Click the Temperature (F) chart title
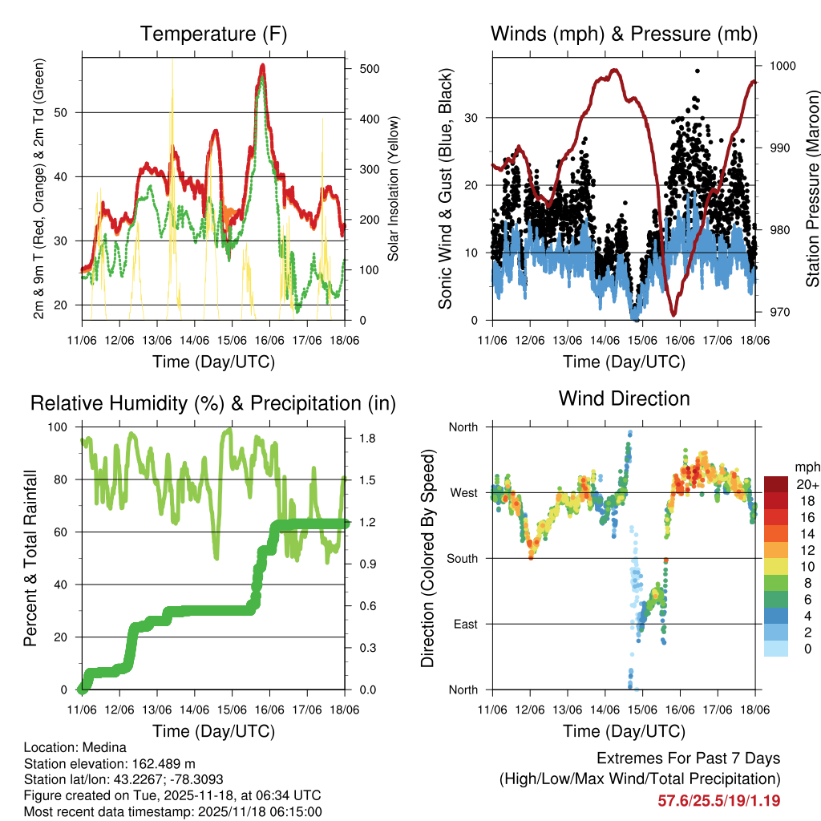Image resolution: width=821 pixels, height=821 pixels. coord(213,34)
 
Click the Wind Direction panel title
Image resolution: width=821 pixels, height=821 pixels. coord(624,398)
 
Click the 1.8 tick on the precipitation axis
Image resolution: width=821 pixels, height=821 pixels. coord(368,439)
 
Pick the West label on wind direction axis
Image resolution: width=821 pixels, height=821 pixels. coord(464,492)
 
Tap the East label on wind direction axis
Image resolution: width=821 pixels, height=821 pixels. coord(465,624)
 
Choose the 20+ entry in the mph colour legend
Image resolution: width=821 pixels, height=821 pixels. coord(806,484)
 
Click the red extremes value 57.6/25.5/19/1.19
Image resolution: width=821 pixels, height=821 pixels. coord(719,801)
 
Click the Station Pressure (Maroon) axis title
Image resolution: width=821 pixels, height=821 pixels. coord(812,189)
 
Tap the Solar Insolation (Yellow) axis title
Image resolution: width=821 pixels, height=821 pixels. coord(394,189)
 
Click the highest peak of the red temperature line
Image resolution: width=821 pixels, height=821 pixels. coord(262,67)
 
